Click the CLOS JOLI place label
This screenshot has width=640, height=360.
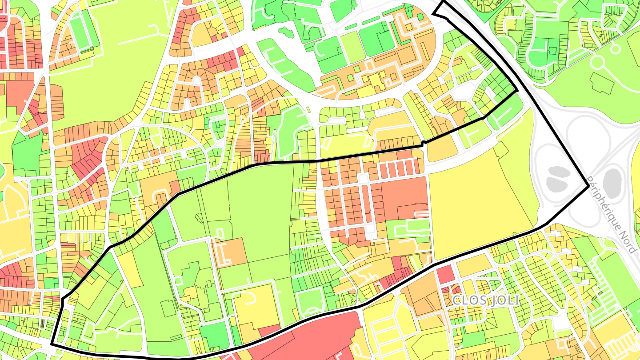coord(485,300)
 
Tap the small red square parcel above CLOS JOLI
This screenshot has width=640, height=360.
coord(446,274)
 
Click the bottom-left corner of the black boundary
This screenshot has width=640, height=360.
coord(52,344)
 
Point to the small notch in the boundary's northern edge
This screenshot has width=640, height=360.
coord(423,143)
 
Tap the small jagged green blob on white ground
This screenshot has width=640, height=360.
coord(284,32)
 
